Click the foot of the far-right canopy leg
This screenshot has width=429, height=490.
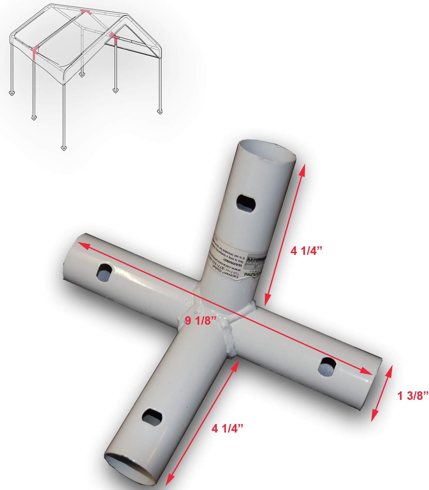[160, 112]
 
